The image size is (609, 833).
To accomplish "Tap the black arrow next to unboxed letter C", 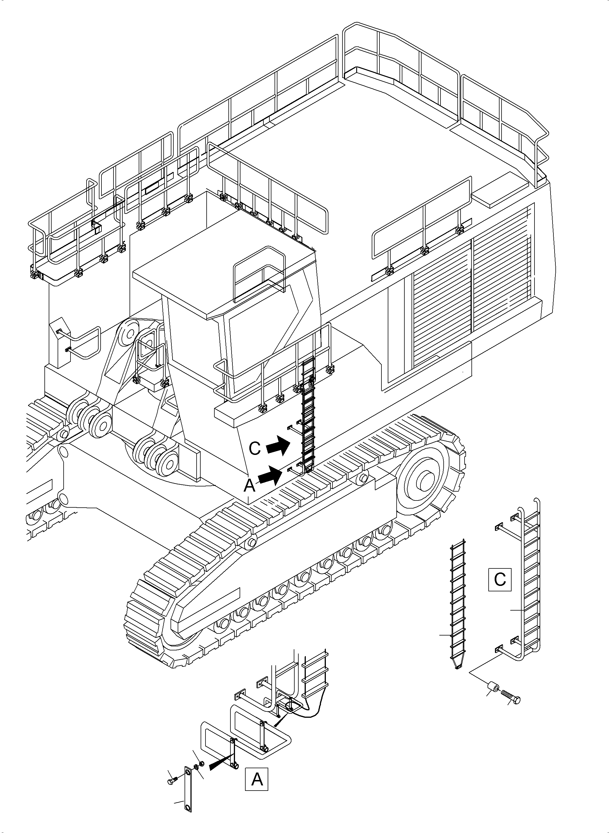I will tap(278, 447).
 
